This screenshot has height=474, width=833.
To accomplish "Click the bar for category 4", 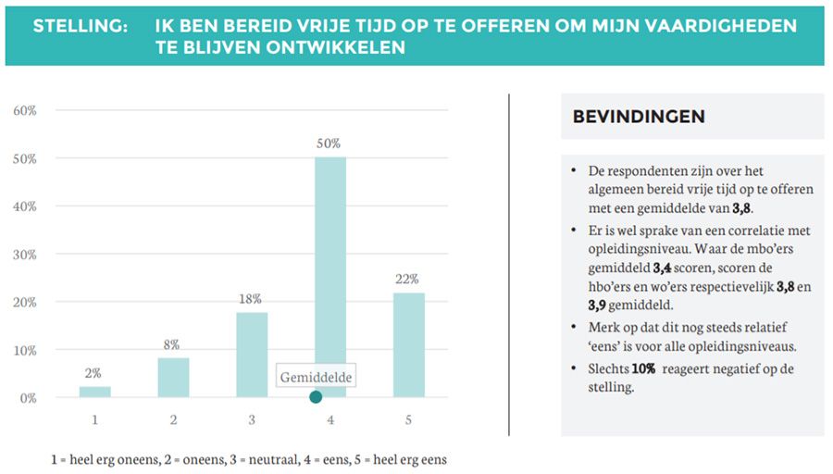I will pyautogui.click(x=329, y=268).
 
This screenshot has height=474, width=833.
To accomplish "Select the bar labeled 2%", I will pyautogui.click(x=94, y=392).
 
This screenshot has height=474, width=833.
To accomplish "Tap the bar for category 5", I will pyautogui.click(x=408, y=345).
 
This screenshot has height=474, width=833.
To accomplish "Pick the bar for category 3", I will pyautogui.click(x=251, y=355).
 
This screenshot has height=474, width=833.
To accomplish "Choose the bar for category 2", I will pyautogui.click(x=173, y=378).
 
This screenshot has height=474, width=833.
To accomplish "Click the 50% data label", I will pyautogui.click(x=329, y=143).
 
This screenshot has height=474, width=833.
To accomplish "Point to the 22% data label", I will pyautogui.click(x=408, y=279).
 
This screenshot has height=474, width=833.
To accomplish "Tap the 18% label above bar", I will pyautogui.click(x=251, y=299).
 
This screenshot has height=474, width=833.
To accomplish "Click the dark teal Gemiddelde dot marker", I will pyautogui.click(x=316, y=397).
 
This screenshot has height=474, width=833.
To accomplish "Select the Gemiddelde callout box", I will pyautogui.click(x=317, y=377).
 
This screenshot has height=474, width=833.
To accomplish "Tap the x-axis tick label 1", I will pyautogui.click(x=94, y=419).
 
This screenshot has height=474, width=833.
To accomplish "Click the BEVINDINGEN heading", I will pyautogui.click(x=639, y=117).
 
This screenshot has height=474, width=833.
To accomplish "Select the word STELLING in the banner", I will pyautogui.click(x=81, y=26).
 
